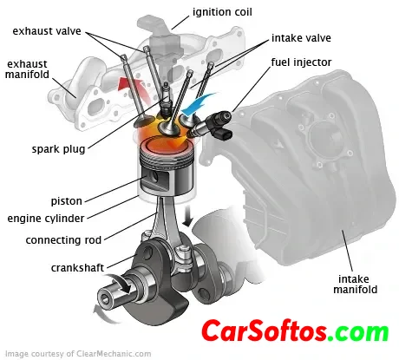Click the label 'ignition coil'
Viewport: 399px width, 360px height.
tap(222, 12)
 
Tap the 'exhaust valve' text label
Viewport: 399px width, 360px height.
tap(47, 31)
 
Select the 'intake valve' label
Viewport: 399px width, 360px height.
tap(301, 38)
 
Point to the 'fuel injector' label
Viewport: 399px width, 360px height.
tap(301, 62)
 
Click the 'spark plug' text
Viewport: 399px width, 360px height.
tap(58, 149)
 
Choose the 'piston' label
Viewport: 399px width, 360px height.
tap(67, 201)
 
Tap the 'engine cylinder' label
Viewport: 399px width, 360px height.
tap(46, 219)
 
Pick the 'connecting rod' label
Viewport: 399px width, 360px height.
tap(63, 240)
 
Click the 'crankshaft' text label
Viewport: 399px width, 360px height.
tap(77, 268)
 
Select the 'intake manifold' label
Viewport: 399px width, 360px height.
tap(356, 285)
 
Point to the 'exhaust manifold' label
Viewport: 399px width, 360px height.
tap(27, 69)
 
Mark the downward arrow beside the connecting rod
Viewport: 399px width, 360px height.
tap(188, 215)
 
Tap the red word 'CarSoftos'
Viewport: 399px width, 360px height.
tap(265, 331)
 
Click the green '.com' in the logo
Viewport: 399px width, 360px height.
tap(359, 332)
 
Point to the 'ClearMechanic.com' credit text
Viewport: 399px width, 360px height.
tap(114, 354)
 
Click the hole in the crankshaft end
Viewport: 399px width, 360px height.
tap(105, 298)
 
